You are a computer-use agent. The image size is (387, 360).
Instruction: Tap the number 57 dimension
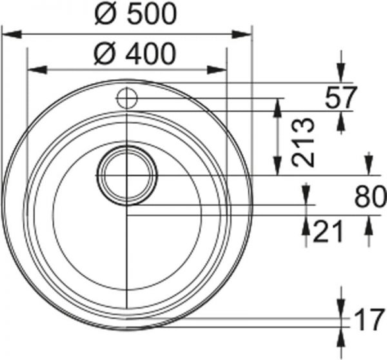[x=341, y=97]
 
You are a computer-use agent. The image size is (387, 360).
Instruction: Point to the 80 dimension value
[x=369, y=197]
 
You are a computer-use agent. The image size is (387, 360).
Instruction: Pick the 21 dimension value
[x=327, y=231]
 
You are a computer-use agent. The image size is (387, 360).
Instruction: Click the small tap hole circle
[x=126, y=99]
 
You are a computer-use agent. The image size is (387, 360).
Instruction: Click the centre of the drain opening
[x=127, y=175]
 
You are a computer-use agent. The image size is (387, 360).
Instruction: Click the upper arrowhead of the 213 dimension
[x=279, y=105]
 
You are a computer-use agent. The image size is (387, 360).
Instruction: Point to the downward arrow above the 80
[x=368, y=165]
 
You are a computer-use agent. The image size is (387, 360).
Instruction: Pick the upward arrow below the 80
[x=368, y=227]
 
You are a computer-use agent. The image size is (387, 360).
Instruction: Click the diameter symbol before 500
[x=104, y=15]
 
